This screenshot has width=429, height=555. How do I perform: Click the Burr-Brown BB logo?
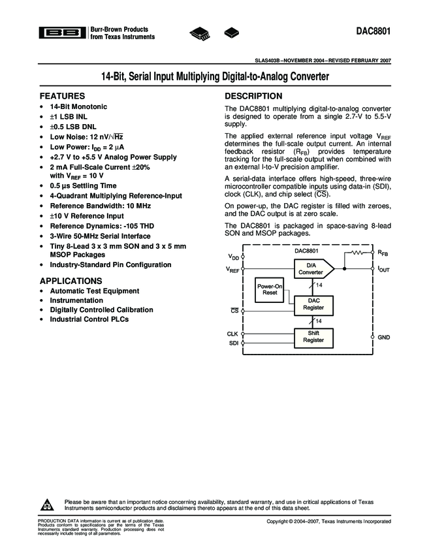coord(61,33)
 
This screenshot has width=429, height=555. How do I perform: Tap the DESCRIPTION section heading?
coord(253,96)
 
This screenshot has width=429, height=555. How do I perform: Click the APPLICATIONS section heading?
coord(71,280)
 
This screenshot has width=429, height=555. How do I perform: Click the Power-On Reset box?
coord(270,290)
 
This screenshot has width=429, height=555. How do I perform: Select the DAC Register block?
coord(313,304)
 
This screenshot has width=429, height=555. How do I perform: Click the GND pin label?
coord(383,337)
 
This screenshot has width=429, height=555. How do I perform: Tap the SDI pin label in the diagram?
coord(233,343)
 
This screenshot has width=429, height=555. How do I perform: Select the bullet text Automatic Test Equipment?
coord(94,291)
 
